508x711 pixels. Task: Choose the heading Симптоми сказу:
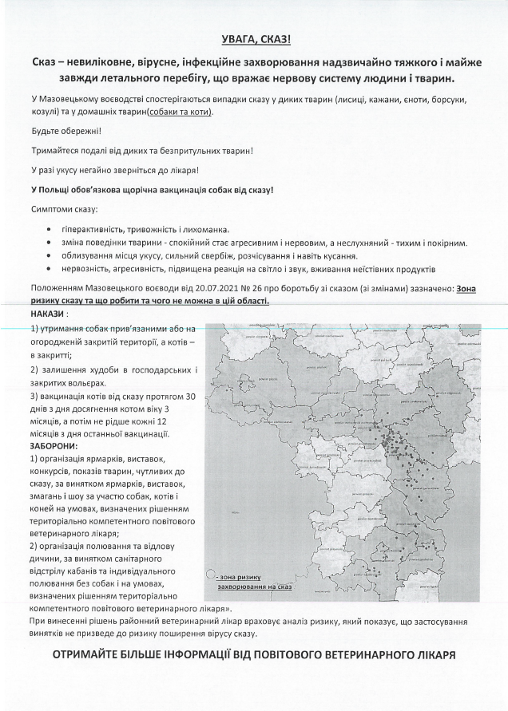pos(63,209)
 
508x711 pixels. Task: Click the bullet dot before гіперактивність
pos(51,229)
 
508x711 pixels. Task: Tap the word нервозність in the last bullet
pos(85,270)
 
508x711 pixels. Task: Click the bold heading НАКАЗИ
pos(50,314)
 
